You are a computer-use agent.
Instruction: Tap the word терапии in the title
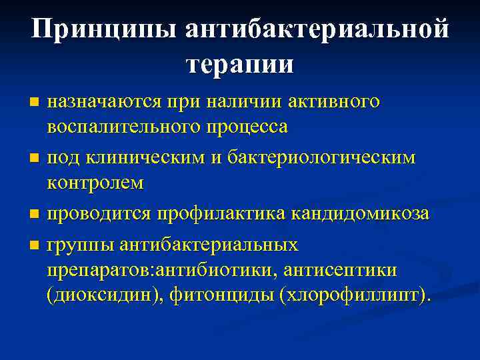point(240,64)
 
